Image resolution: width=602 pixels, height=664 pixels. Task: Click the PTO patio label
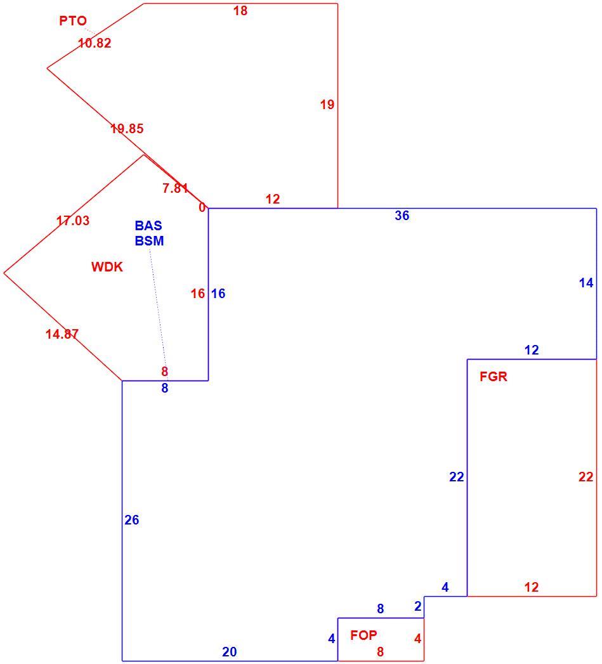pyautogui.click(x=73, y=21)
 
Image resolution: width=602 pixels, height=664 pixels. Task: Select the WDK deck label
pyautogui.click(x=107, y=267)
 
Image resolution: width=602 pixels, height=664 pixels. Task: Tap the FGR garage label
pyautogui.click(x=494, y=377)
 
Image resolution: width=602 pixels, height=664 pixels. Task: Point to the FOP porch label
pyautogui.click(x=363, y=635)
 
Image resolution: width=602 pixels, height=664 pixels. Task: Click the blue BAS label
pyautogui.click(x=148, y=225)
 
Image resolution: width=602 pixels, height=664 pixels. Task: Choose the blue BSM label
pyautogui.click(x=149, y=240)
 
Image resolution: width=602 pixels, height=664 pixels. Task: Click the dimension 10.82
pyautogui.click(x=95, y=42)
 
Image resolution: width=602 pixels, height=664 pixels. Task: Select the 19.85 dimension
pyautogui.click(x=127, y=128)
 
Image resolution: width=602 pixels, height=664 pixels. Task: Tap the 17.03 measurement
pyautogui.click(x=73, y=221)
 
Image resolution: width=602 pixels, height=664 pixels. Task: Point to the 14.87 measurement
pyautogui.click(x=62, y=334)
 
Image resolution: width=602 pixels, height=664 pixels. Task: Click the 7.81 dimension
pyautogui.click(x=175, y=188)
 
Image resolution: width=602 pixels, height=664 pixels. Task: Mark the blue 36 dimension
pyautogui.click(x=402, y=216)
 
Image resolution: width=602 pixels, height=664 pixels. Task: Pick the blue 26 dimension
pyautogui.click(x=132, y=520)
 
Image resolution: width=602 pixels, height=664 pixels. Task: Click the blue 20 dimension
pyautogui.click(x=230, y=652)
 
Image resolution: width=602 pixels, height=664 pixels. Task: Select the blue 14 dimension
pyautogui.click(x=586, y=283)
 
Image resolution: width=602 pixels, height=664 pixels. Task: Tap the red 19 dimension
pyautogui.click(x=327, y=105)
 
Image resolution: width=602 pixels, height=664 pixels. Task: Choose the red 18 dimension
pyautogui.click(x=240, y=11)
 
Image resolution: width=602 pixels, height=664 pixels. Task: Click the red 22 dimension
pyautogui.click(x=586, y=478)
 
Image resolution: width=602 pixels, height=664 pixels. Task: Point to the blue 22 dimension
pyautogui.click(x=457, y=478)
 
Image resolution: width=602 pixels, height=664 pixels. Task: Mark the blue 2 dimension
pyautogui.click(x=418, y=606)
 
